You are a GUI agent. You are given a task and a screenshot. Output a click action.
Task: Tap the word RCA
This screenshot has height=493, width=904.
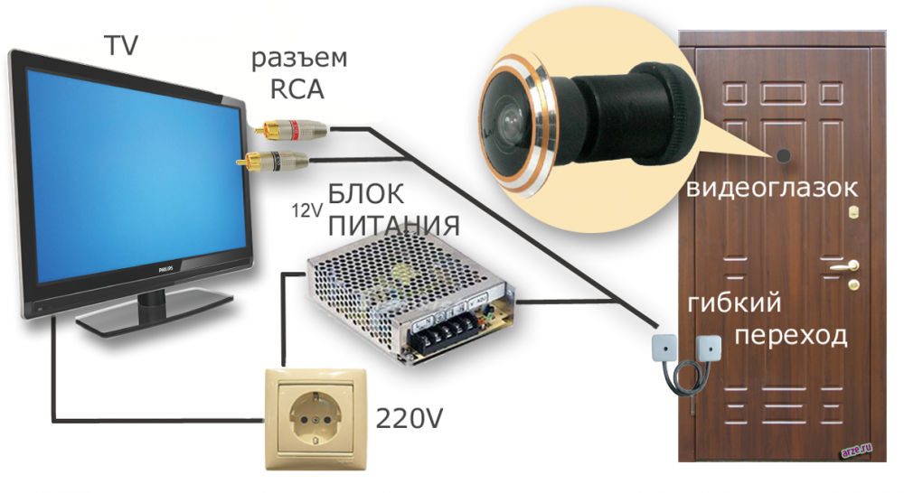[297, 90]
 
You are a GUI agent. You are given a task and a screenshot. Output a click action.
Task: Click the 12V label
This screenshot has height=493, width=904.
[305, 211]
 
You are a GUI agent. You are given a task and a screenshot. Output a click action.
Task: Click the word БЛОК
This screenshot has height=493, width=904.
[368, 192]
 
